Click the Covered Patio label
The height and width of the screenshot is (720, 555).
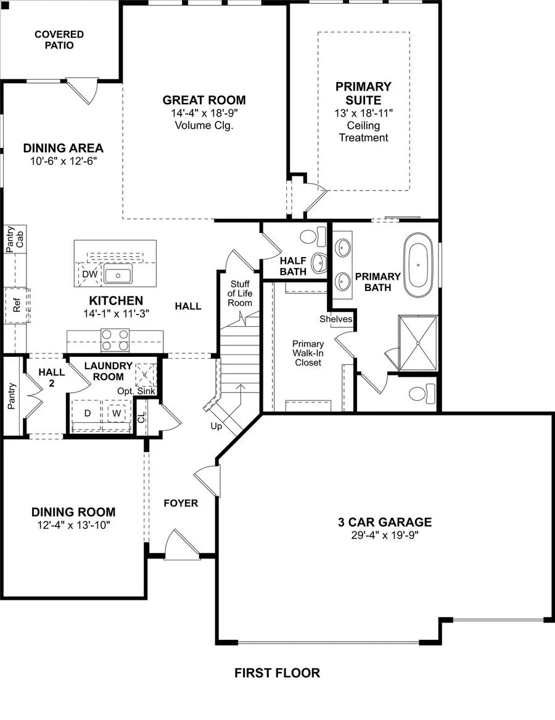59,40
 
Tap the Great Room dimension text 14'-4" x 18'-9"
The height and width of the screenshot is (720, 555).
204,113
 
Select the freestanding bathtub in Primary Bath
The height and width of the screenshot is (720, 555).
420,264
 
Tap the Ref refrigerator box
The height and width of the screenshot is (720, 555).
17,305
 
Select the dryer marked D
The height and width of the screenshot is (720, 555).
88,412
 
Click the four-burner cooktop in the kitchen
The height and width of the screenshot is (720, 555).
115,340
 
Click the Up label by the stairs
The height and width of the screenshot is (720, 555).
216,426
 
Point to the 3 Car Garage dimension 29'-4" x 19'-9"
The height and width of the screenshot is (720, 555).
385,535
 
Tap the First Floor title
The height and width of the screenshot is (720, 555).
277,673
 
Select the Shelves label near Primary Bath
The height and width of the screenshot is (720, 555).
336,319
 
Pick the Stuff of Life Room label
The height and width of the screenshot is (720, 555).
240,293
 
